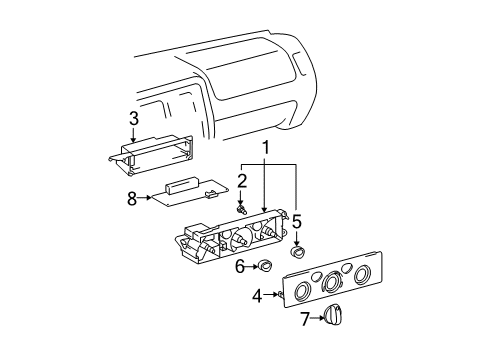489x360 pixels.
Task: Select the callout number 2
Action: click(x=241, y=181)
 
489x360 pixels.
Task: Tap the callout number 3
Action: click(x=133, y=120)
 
